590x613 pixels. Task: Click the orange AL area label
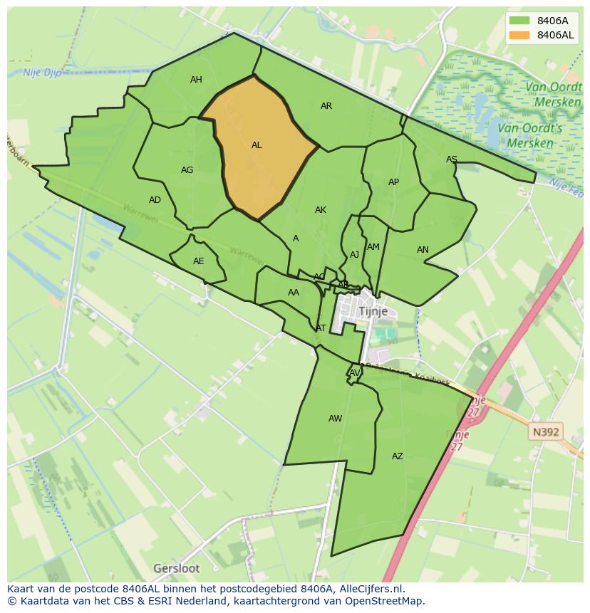click(x=257, y=145)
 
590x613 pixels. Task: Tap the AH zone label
click(x=196, y=80)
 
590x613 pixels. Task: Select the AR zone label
click(x=326, y=106)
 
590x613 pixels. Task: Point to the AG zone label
click(x=187, y=170)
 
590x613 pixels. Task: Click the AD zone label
click(x=155, y=200)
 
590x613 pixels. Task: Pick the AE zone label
click(x=199, y=261)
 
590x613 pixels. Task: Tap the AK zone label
click(x=321, y=210)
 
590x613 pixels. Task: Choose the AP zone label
click(x=393, y=182)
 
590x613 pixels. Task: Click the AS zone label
click(x=452, y=159)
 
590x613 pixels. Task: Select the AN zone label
click(x=423, y=250)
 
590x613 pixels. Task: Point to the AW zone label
click(x=335, y=419)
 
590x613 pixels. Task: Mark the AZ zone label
click(x=398, y=456)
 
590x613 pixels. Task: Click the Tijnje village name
click(x=373, y=312)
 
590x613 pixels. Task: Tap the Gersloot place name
click(x=177, y=568)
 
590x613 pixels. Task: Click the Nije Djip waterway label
click(x=42, y=72)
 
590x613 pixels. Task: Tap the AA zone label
click(x=294, y=293)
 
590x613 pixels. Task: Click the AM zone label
click(x=373, y=247)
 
